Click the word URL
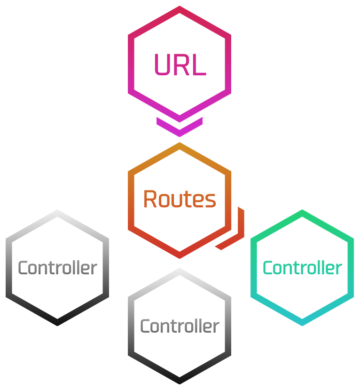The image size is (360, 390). pos(180,65)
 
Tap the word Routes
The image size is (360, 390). pos(180,199)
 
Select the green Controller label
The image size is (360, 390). pos(302,268)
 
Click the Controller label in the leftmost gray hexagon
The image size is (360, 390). pos(57,268)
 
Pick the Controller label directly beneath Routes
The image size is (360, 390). pos(180,326)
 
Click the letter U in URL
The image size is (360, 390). pos(162,65)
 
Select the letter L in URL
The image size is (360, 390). pos(200,65)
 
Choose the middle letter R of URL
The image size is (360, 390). pos(182,65)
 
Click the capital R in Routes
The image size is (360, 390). pos(149,199)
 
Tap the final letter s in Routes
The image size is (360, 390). pos(211,201)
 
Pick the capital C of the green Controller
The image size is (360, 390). pos(268,268)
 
